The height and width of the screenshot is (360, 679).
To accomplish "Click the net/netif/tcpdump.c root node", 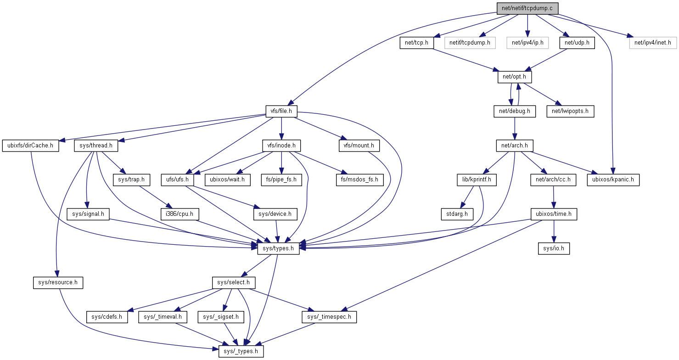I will tap(527, 8).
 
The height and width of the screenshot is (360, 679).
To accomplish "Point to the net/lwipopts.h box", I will tap(570, 111).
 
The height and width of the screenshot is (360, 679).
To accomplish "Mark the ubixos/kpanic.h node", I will tap(613, 179).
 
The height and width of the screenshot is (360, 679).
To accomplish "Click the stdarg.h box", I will tap(457, 214).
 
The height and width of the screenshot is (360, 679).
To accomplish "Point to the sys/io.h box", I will tap(554, 248).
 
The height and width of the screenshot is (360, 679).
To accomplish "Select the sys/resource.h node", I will tap(58, 282).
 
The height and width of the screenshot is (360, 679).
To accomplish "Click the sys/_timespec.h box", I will tap(329, 317).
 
